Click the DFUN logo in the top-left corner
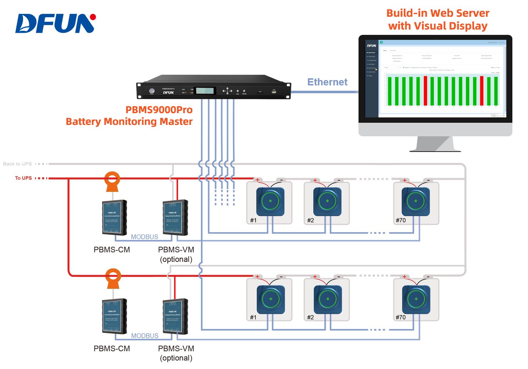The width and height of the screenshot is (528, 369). [55, 23]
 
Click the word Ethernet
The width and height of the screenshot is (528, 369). [327, 82]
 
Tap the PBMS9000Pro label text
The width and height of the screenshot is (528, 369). [159, 110]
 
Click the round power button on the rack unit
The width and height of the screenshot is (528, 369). [152, 91]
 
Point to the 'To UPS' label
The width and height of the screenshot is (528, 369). [23, 178]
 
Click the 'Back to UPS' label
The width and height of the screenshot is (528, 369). [17, 164]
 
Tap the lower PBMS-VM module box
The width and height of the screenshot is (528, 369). [175, 316]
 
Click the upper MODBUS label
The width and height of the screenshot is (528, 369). [144, 237]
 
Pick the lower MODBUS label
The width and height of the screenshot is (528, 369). [144, 336]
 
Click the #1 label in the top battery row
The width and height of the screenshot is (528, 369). [253, 220]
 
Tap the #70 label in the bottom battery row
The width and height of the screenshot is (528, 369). [400, 317]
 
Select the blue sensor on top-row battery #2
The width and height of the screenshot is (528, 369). [327, 201]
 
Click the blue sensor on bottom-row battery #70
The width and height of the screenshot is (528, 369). [416, 299]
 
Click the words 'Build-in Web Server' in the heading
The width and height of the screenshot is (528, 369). [437, 13]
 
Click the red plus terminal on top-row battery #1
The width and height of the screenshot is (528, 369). [258, 180]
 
